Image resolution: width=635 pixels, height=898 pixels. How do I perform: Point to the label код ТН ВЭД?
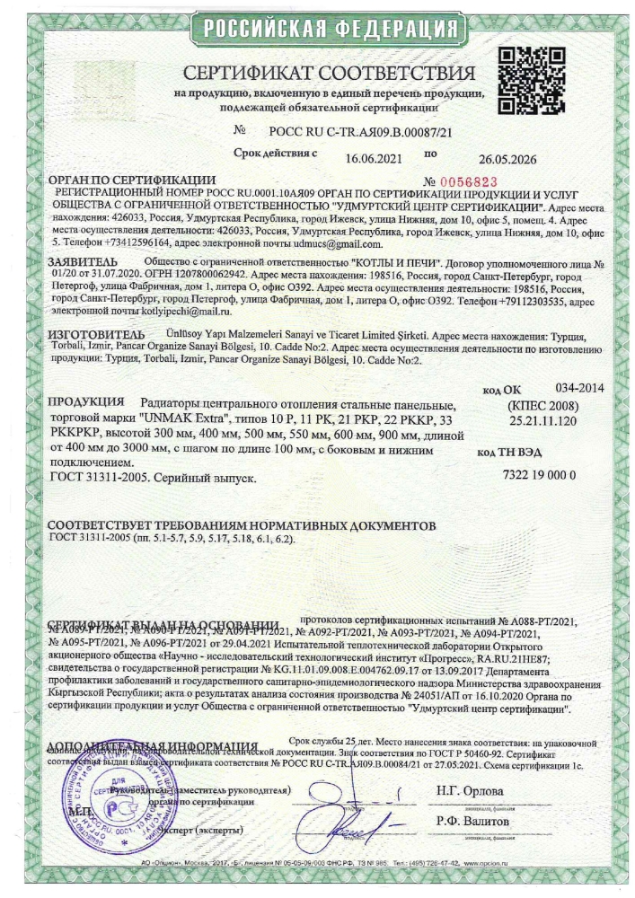pyautogui.click(x=508, y=453)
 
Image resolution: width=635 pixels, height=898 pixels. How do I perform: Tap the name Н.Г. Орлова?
pyautogui.click(x=470, y=791)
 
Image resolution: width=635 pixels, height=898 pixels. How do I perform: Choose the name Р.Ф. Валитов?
pyautogui.click(x=472, y=822)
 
